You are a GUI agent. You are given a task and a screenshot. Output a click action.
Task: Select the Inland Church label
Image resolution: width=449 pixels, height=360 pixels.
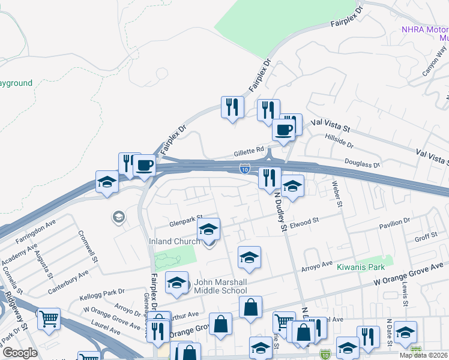(x=174, y=242)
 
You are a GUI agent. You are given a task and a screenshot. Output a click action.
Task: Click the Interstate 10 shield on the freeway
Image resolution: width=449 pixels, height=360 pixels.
(x=244, y=170)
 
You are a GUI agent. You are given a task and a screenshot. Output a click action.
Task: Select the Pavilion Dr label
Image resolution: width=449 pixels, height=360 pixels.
(x=394, y=224)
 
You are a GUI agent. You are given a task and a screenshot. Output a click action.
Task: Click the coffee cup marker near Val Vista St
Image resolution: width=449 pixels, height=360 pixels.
(x=284, y=130)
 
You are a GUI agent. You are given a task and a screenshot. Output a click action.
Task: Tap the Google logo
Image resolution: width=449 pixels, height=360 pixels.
(x=20, y=353)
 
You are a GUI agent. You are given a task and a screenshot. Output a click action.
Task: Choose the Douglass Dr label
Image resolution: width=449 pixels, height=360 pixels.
(x=363, y=163)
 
